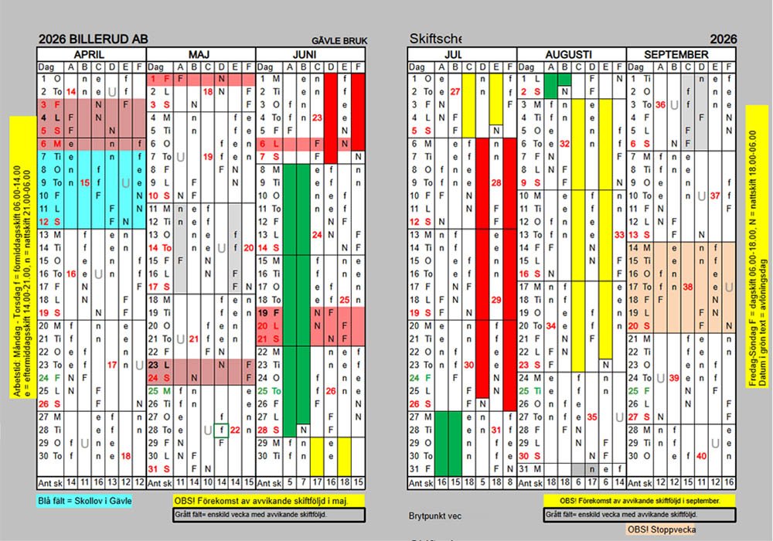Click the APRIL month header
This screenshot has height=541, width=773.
[x=90, y=55]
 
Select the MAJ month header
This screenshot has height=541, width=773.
[x=200, y=55]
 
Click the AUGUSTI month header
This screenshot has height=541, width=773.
[x=570, y=55]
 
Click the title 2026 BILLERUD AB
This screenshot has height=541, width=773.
[x=93, y=40]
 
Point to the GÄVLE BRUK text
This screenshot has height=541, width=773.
[x=339, y=42]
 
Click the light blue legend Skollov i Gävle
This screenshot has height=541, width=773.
[x=85, y=501]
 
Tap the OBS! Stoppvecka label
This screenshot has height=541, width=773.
[x=661, y=529]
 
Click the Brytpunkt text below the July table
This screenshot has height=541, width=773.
[x=435, y=515]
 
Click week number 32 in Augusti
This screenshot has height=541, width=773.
[x=564, y=144]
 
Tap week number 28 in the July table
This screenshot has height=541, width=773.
[x=496, y=183]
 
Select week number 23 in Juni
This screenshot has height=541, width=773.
[x=316, y=118]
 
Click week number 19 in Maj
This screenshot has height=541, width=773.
[x=207, y=157]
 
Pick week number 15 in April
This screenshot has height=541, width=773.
[x=84, y=183]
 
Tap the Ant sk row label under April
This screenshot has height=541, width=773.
[x=50, y=482]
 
